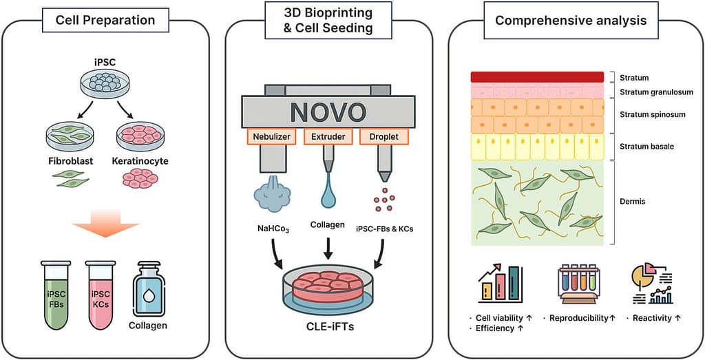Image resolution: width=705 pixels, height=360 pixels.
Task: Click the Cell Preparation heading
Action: click(105, 20)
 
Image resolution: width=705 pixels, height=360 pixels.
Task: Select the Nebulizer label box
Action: click(271, 137)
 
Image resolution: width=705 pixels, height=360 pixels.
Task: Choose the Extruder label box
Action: click(328, 137)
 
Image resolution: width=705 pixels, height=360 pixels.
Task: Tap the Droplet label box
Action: click(384, 137)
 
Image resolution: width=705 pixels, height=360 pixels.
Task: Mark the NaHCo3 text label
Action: click(271, 228)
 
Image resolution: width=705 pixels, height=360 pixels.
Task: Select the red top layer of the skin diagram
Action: click(537, 77)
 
